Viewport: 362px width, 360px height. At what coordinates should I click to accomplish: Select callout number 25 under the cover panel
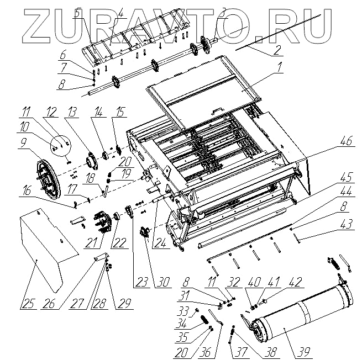coord(27,304)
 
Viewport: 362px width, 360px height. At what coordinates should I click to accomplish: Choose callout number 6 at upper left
coord(62,55)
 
